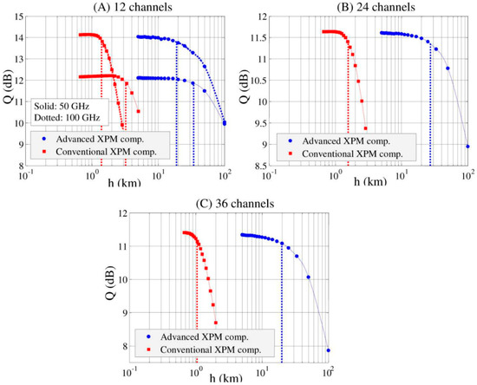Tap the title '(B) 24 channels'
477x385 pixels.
374,8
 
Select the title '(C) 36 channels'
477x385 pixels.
229,203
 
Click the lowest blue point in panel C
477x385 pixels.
329,350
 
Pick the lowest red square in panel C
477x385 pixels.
215,323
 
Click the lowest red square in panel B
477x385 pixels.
365,128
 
